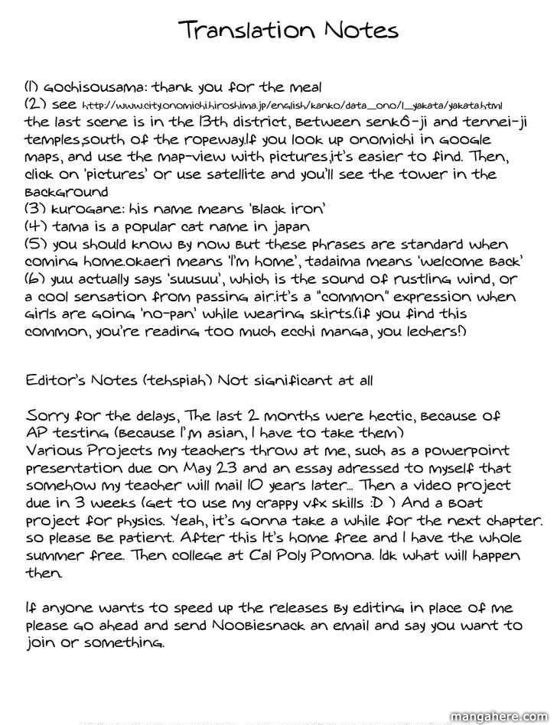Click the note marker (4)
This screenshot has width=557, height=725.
[37, 227]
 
